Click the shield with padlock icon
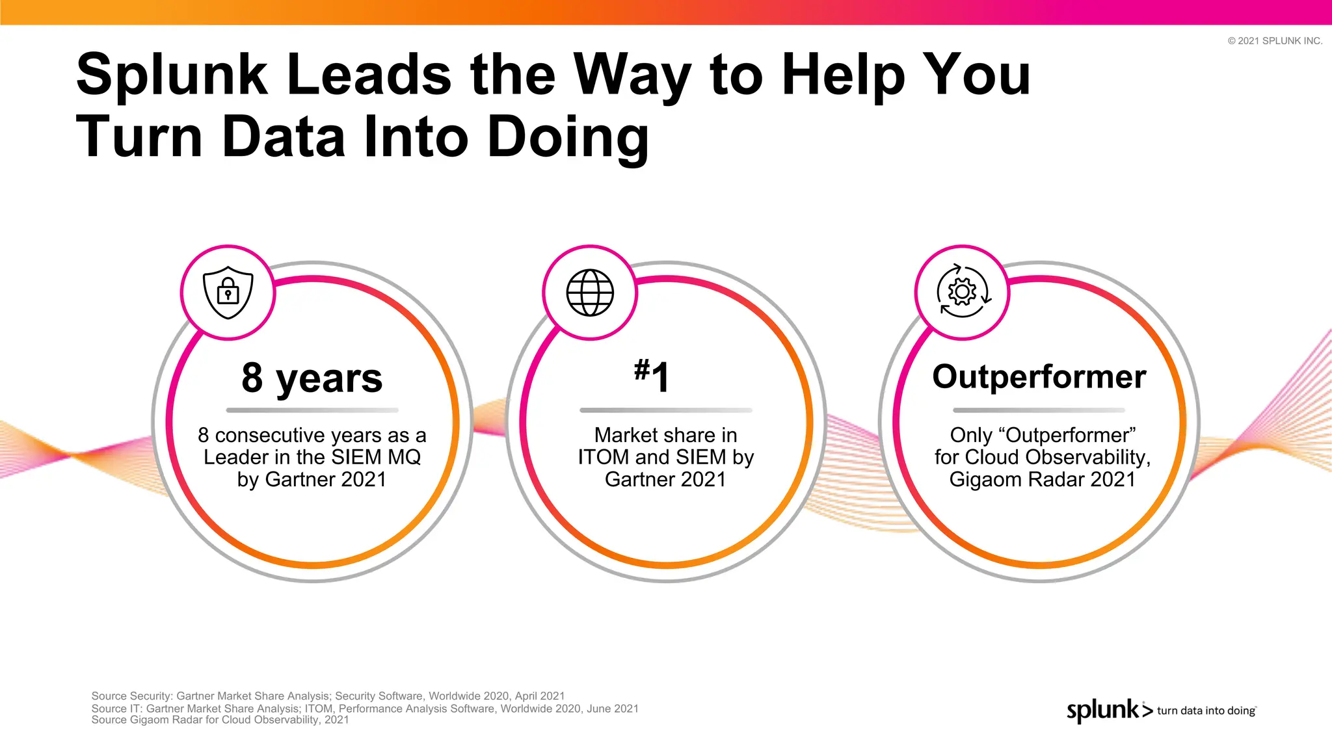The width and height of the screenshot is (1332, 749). coord(228,293)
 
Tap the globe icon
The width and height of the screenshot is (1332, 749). coord(590,293)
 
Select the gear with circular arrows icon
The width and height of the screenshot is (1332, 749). coord(963,292)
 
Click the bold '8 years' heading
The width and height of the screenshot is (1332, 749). coord(312,378)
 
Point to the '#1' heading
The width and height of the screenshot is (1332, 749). coord(652,376)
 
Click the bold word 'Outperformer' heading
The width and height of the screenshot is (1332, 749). coord(1039,377)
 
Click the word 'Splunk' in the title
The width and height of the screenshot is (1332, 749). coord(172,75)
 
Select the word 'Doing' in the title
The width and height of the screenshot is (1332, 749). coord(568,137)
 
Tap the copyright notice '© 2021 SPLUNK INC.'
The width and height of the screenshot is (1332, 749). coord(1275,40)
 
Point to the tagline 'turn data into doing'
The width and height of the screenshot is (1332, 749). coord(1206,711)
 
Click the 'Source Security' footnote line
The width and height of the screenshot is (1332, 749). coord(328,696)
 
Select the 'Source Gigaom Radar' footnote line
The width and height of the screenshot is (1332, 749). coord(220,720)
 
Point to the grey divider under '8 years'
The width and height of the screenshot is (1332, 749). coord(312,410)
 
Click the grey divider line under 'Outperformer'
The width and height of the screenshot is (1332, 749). coord(1039,410)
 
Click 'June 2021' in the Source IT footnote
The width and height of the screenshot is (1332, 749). coord(612,708)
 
